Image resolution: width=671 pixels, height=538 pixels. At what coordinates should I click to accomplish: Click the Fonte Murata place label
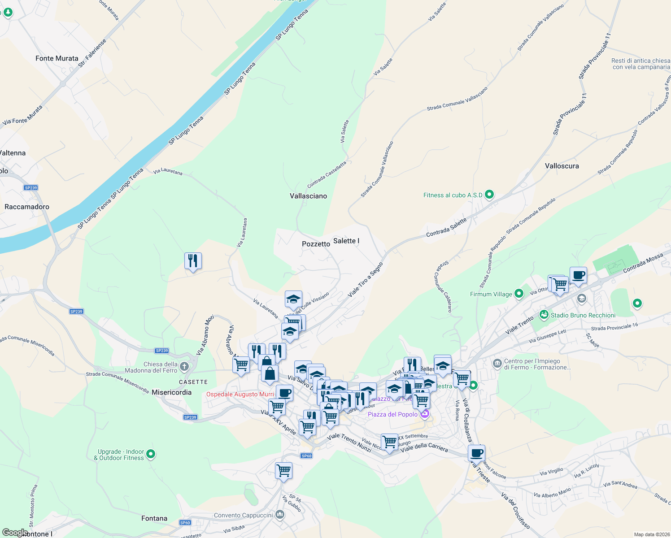click(x=57, y=58)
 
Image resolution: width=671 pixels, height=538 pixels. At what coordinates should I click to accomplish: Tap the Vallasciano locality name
click(x=308, y=196)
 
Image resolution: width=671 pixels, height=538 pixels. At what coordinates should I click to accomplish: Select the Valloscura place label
click(x=562, y=166)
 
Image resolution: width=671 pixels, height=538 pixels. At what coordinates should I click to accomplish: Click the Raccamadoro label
click(x=27, y=207)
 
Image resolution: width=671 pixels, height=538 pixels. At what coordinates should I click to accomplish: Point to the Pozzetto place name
click(x=316, y=244)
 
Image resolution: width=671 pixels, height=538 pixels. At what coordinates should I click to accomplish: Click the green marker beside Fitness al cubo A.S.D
click(x=489, y=195)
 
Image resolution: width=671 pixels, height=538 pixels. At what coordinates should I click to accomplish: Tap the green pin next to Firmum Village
click(x=519, y=294)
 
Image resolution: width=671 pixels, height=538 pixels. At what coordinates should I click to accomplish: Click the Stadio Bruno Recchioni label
click(x=583, y=315)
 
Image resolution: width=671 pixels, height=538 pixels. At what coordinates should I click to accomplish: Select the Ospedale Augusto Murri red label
click(x=240, y=395)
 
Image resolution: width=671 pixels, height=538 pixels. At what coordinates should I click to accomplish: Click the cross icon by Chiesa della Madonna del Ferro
click(x=184, y=367)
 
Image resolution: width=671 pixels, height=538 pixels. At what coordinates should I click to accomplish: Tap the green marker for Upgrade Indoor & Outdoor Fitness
click(x=151, y=454)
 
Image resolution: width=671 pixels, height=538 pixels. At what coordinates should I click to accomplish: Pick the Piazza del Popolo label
click(x=392, y=414)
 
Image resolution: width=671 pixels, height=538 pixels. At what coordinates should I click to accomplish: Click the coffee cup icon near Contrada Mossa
click(x=578, y=275)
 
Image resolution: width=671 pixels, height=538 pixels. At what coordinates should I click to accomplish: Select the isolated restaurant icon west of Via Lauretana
click(x=193, y=260)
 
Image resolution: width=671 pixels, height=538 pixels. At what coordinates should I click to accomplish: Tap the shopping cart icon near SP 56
click(x=283, y=471)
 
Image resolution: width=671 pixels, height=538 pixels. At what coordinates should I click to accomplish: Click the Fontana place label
click(x=154, y=518)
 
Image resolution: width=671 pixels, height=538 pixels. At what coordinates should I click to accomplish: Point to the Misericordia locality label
click(x=171, y=392)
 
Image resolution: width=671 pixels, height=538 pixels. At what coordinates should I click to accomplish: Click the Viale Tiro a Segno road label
click(x=366, y=280)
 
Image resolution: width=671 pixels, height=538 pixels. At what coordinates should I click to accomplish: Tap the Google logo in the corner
click(x=15, y=533)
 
